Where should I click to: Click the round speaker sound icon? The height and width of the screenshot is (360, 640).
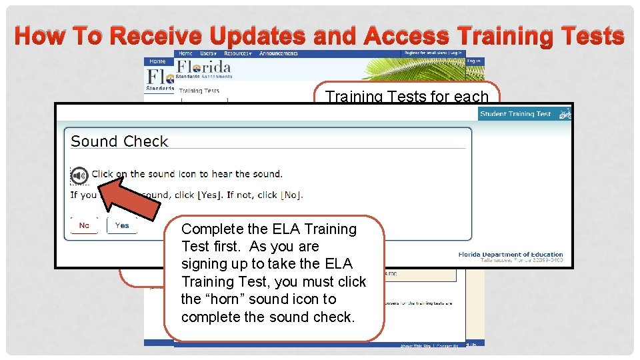click(x=79, y=175)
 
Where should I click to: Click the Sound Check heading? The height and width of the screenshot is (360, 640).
click(x=119, y=141)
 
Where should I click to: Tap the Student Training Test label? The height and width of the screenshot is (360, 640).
click(x=515, y=114)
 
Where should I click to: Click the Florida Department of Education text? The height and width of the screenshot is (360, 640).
click(x=511, y=254)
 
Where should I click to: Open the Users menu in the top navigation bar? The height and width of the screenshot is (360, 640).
click(x=208, y=53)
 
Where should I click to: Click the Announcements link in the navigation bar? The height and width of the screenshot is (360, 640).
click(x=279, y=53)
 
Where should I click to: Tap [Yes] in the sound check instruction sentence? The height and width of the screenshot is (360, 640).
click(x=211, y=195)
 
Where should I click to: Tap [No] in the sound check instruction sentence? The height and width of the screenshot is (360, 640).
click(x=291, y=195)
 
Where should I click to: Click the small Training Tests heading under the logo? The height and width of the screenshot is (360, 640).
click(x=199, y=91)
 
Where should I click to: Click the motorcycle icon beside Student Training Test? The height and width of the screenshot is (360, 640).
click(x=565, y=114)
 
